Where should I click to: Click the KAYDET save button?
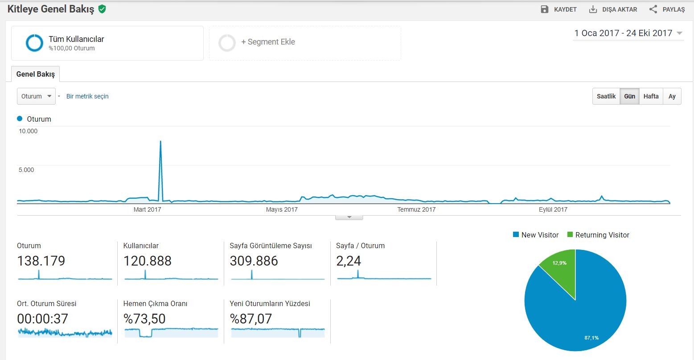tap(558, 9)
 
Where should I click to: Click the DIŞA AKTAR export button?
tap(613, 9)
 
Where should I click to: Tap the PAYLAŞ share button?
tap(667, 9)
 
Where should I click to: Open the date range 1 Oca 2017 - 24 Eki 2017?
tap(628, 33)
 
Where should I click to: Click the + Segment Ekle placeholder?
tap(305, 43)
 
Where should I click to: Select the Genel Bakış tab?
tap(35, 74)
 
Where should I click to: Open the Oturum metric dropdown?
tap(36, 96)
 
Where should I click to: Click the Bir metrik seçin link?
tap(87, 96)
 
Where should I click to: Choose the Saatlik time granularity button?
tap(606, 96)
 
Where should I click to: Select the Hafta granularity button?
tap(651, 96)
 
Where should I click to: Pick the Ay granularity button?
tap(672, 96)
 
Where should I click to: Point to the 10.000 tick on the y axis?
tap(28, 131)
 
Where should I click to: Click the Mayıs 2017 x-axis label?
tap(282, 209)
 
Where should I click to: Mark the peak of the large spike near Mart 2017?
tap(160, 141)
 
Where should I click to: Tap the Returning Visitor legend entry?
tap(598, 235)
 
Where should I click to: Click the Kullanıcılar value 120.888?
tap(147, 261)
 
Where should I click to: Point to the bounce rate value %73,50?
tap(144, 319)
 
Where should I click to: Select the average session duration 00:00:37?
tap(42, 319)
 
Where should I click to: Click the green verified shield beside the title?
tap(102, 9)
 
